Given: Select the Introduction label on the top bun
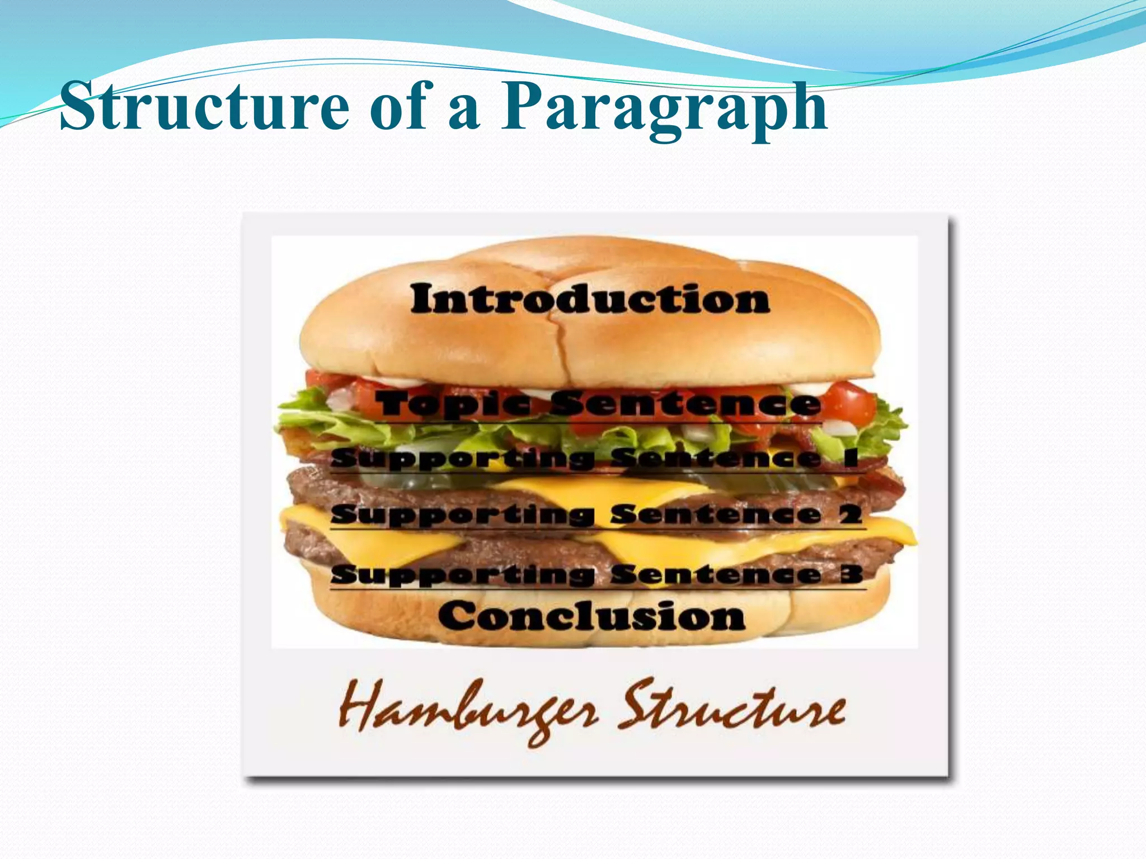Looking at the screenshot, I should [x=590, y=300].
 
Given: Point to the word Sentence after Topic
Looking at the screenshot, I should [x=685, y=404].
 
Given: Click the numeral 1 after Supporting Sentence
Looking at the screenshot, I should [x=851, y=458].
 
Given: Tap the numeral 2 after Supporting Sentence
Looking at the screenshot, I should [x=851, y=514].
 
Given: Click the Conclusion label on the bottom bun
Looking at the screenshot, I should [x=591, y=616].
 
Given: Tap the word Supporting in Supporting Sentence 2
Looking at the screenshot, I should [x=462, y=515].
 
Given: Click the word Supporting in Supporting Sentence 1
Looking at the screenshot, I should [x=462, y=459].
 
